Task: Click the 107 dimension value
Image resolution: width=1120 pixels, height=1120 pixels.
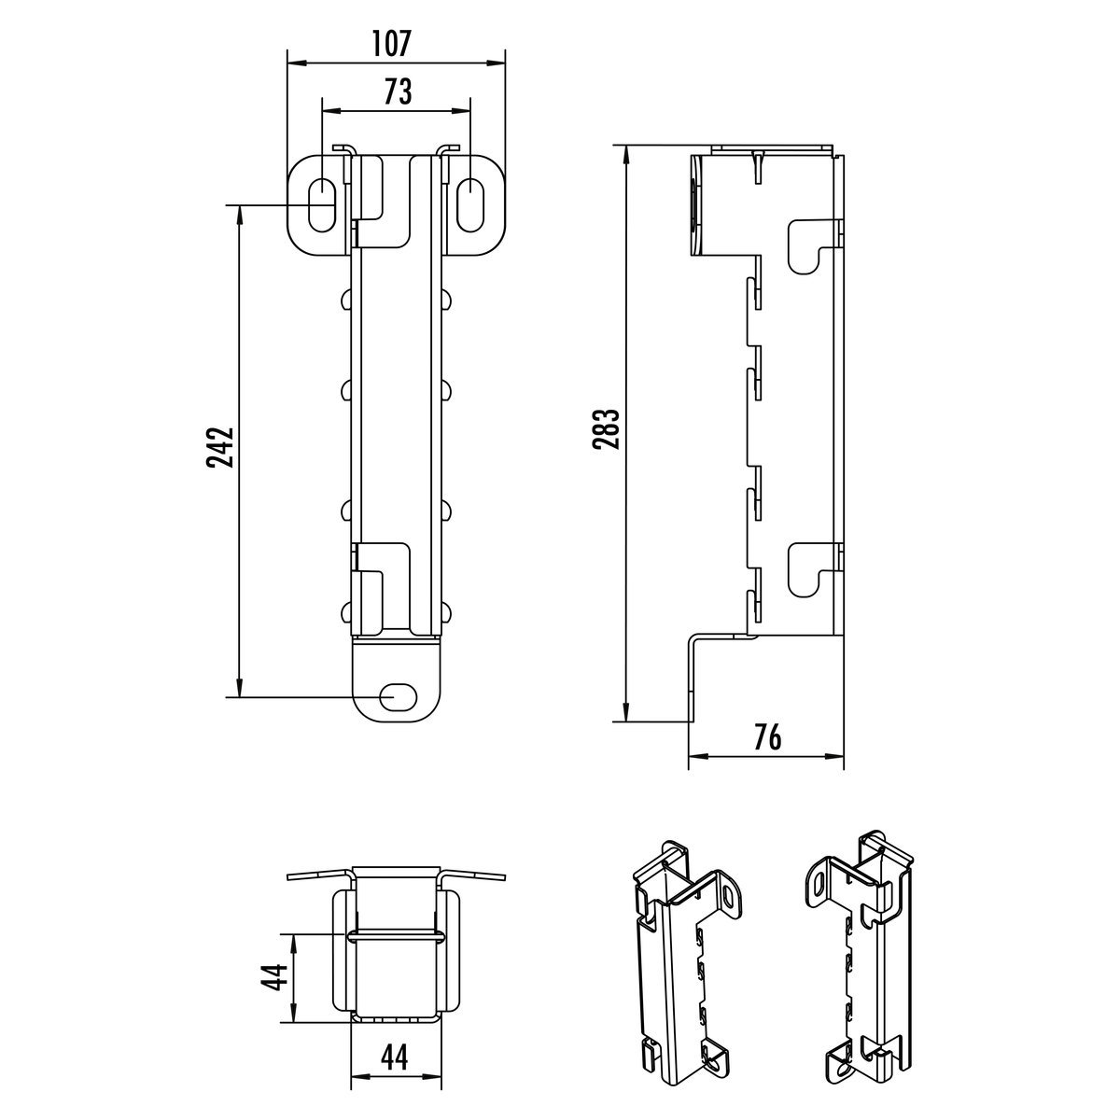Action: tap(391, 44)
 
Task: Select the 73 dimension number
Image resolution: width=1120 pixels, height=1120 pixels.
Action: tap(399, 91)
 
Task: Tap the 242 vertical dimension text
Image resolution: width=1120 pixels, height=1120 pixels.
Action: tap(220, 448)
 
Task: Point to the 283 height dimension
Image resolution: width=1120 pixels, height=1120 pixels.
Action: tap(607, 429)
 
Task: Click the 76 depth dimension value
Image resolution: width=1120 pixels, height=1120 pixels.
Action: tap(768, 738)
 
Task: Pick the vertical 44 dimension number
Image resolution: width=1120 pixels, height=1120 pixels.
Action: tap(273, 977)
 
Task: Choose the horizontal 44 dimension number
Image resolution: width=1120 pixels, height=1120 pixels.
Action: tap(395, 1041)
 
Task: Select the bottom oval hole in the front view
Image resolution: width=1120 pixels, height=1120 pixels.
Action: tap(398, 696)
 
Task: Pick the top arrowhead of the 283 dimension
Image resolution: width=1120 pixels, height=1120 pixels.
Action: tap(625, 152)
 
